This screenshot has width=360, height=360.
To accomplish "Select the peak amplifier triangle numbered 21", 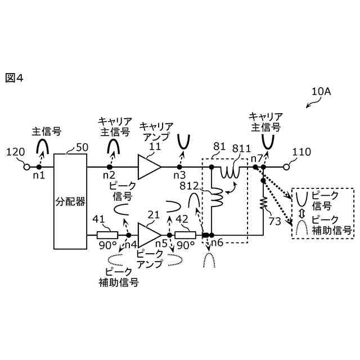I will click(x=149, y=235).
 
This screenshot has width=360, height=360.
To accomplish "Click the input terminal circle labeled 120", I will click(x=26, y=167).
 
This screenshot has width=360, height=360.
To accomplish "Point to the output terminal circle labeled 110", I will click(x=286, y=167).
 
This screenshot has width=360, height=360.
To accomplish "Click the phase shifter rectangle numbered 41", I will click(x=107, y=235).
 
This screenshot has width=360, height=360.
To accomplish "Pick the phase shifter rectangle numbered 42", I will click(x=185, y=235).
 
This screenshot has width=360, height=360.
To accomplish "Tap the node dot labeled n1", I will click(x=39, y=167).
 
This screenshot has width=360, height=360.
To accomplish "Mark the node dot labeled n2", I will click(x=110, y=167).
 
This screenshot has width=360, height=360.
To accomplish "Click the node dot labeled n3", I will click(x=179, y=167).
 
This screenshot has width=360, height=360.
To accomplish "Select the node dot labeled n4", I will click(x=128, y=235).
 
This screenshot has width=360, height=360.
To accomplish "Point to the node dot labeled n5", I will click(x=169, y=235).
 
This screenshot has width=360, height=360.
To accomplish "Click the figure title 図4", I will click(x=15, y=78).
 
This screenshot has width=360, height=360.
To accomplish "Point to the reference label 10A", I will click(x=321, y=92).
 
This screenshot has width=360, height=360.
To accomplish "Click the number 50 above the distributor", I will click(x=82, y=147).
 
